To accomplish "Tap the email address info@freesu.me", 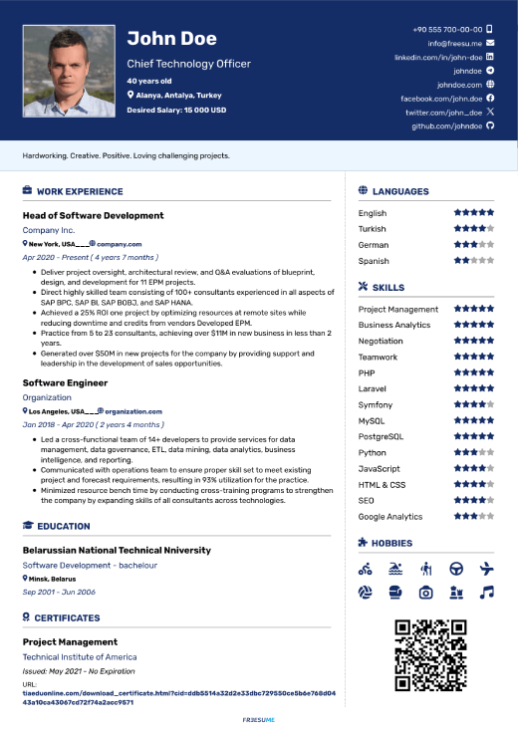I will (454, 44).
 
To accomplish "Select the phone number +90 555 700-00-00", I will (447, 30).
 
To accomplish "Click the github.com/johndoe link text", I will (447, 126).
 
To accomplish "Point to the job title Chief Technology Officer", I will (188, 64).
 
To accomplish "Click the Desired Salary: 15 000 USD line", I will (176, 110).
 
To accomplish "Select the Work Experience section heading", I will (80, 191).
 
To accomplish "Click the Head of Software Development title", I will (93, 215).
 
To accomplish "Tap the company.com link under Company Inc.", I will (119, 244).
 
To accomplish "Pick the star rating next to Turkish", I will (473, 229).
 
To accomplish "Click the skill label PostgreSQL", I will (381, 437).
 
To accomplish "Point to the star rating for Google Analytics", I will (473, 517).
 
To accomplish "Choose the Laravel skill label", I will (373, 389).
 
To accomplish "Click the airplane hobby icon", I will (486, 569).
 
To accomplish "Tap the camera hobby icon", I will (425, 592).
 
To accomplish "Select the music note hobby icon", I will (486, 592).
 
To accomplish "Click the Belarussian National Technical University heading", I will (117, 550).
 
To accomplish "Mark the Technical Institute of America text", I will (80, 657).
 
